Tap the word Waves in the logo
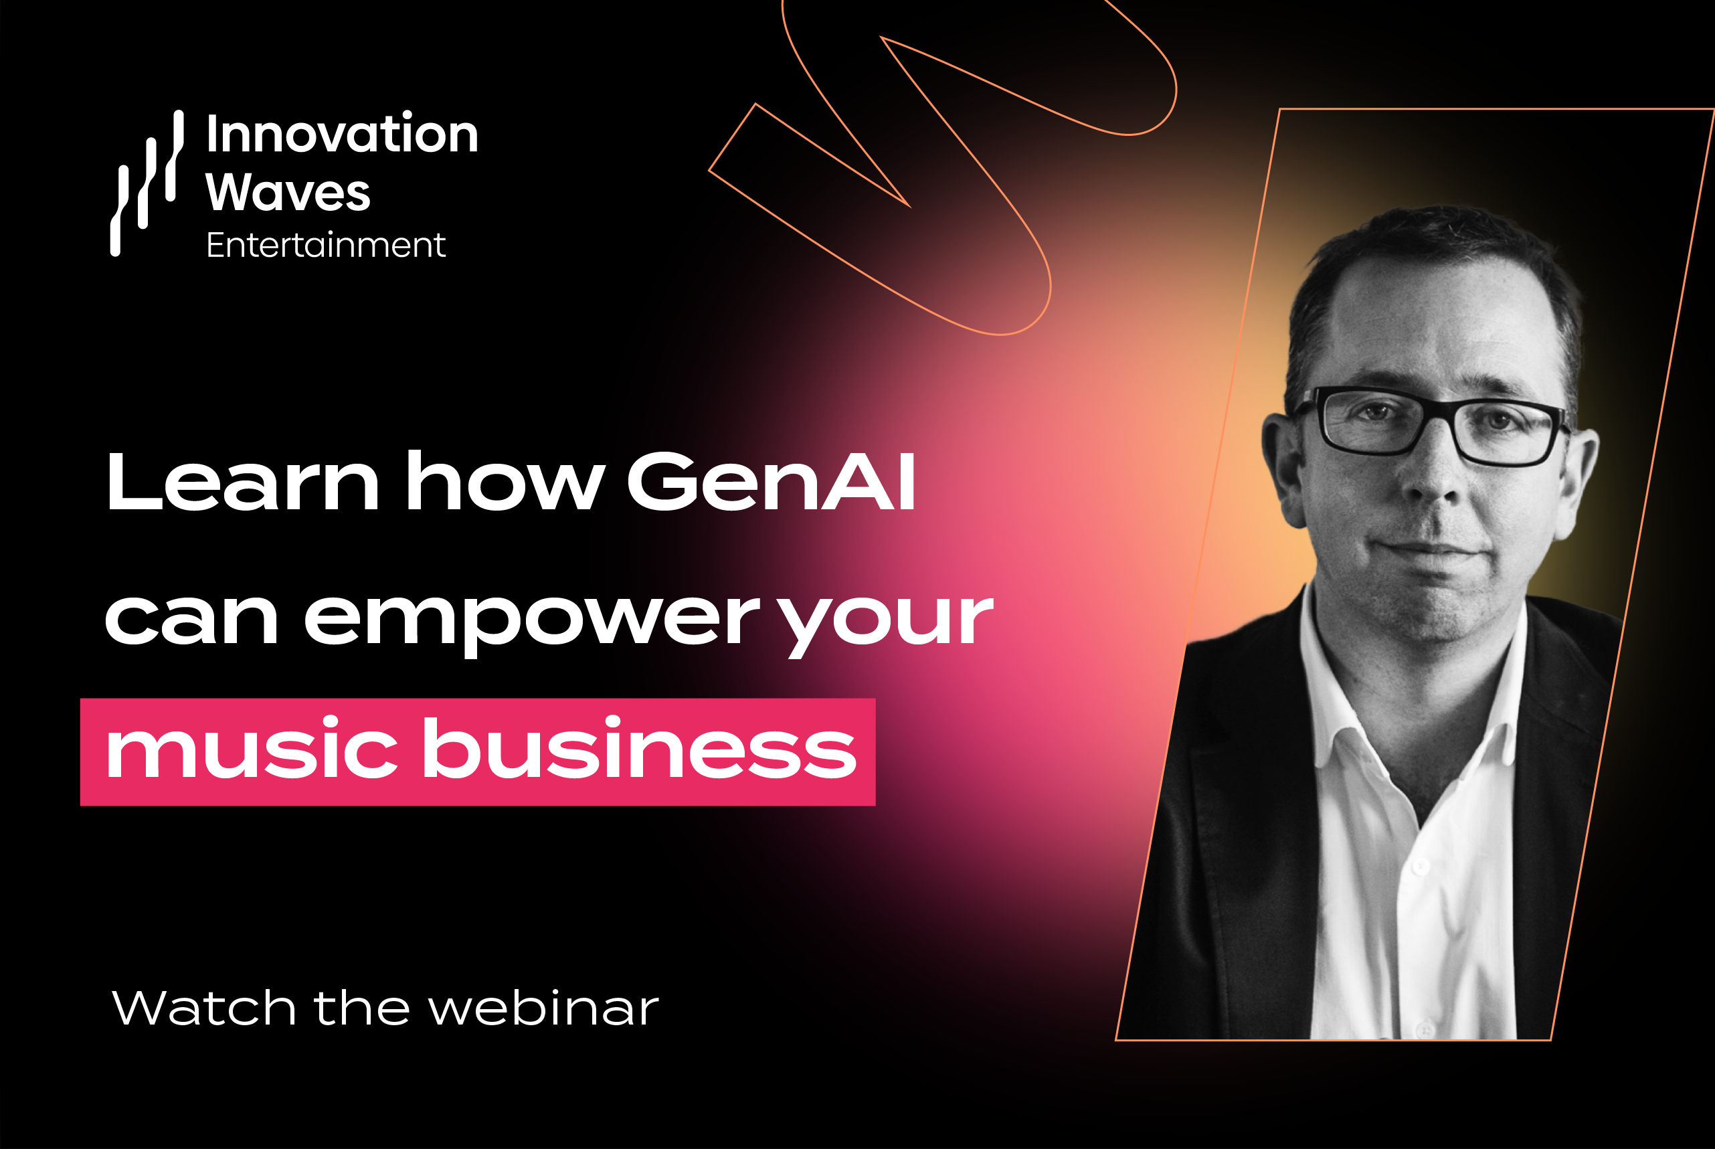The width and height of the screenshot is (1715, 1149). pos(288,192)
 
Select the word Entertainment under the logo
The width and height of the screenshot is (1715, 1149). pos(326,245)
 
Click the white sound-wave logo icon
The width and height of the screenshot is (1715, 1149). pos(147,183)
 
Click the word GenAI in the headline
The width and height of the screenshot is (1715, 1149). pos(772,480)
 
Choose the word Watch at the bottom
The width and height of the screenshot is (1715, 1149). pos(204,1008)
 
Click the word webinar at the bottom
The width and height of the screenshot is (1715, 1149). pos(543,1008)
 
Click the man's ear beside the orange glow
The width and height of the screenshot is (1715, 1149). pos(1283,469)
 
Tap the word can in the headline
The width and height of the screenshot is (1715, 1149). pos(193,620)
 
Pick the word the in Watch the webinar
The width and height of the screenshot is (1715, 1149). pos(362,1008)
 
